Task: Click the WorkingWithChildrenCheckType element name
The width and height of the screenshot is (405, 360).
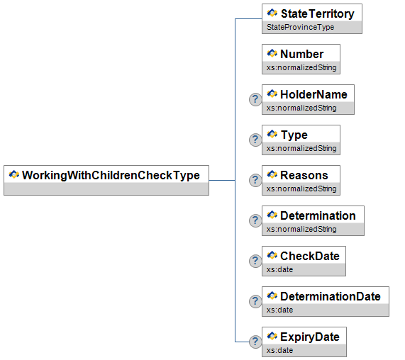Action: pos(111,175)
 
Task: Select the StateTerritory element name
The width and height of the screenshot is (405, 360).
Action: pos(318,13)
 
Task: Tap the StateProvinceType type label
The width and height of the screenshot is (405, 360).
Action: pos(301,27)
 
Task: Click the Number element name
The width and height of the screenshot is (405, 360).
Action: pos(301,54)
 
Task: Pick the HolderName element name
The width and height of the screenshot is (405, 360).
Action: pos(314,94)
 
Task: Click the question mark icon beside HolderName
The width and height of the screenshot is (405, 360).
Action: pos(255,99)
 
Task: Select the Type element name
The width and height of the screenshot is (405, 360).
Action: pos(294,135)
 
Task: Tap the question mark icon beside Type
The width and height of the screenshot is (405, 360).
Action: pos(255,140)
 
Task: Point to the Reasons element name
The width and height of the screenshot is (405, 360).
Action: pos(304,175)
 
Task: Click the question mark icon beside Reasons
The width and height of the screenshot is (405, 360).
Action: pos(255,180)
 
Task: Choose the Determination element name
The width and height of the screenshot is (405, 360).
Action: pos(318,215)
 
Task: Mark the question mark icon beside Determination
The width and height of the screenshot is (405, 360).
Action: pos(255,220)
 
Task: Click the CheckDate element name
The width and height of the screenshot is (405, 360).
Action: pos(310,256)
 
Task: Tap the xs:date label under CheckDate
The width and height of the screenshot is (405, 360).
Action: pos(279,269)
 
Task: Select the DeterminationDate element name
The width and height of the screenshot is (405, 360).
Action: pos(331,296)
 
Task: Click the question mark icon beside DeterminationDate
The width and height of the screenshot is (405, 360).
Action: pos(255,301)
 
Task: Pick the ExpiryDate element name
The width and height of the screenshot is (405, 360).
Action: pos(310,337)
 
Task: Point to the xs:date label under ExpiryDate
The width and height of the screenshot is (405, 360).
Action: pos(279,350)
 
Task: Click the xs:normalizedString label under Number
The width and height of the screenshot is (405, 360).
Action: pos(301,67)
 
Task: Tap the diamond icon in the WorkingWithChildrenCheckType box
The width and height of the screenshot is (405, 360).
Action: pos(14,174)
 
